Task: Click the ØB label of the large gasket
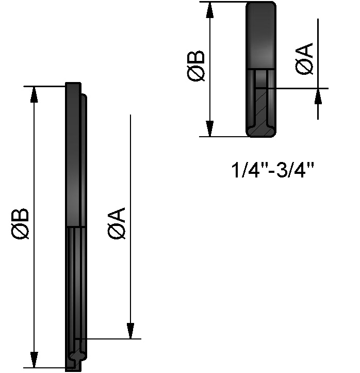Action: point(20,224)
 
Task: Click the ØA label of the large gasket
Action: point(117,223)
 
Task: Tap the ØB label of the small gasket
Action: point(195,66)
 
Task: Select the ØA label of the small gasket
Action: point(304,59)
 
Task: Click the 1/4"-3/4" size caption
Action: point(273,170)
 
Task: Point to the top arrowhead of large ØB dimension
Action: point(34,95)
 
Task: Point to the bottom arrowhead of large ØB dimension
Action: point(34,359)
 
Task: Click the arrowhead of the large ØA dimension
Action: point(130,331)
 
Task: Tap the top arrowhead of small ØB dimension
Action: point(209,10)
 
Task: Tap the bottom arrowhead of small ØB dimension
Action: point(209,128)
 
